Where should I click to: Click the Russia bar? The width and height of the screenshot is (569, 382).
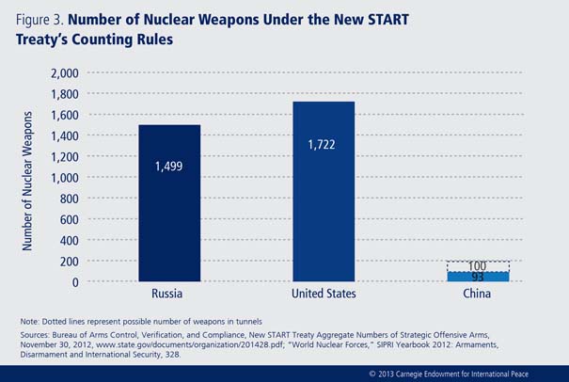(x=169, y=202)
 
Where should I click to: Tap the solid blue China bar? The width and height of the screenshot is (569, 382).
(x=477, y=276)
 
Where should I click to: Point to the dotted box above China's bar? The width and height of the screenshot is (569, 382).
(x=477, y=266)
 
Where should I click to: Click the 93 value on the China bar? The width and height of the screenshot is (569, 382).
(x=477, y=277)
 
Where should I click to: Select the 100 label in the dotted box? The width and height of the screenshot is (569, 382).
(x=477, y=266)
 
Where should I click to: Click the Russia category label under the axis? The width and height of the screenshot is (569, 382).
(x=169, y=294)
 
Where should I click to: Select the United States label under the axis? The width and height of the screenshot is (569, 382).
(x=323, y=294)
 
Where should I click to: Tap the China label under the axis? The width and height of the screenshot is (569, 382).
(x=477, y=294)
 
